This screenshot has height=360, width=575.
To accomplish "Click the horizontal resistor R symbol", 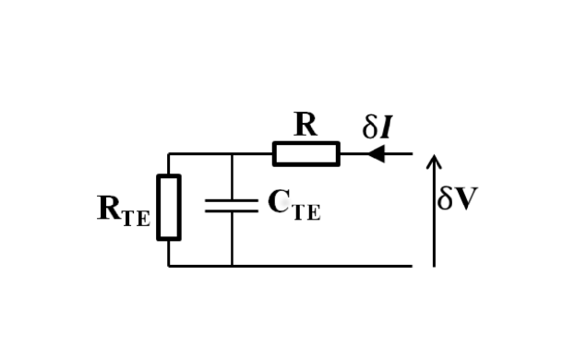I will [305, 154].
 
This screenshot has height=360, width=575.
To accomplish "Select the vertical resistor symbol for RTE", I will [168, 207].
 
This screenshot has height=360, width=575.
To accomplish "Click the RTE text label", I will [123, 210].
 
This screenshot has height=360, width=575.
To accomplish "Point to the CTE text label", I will [293, 205].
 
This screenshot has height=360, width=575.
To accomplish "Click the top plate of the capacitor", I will [232, 200].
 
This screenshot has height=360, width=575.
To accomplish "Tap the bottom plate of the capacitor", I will [232, 211].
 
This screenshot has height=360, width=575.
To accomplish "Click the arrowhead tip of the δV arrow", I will [434, 156].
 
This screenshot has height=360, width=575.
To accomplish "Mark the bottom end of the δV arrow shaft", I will [434, 266].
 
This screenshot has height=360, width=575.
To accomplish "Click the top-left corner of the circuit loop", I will [168, 154].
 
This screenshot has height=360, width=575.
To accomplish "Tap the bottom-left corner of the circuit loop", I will [168, 266].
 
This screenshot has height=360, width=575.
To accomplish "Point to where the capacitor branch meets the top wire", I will [232, 154].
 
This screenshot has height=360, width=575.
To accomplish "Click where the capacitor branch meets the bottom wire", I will [232, 266].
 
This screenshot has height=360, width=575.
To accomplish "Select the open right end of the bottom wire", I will [412, 266].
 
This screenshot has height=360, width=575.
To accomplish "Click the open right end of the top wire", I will [412, 154].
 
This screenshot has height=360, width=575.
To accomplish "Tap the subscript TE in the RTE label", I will [135, 218].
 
